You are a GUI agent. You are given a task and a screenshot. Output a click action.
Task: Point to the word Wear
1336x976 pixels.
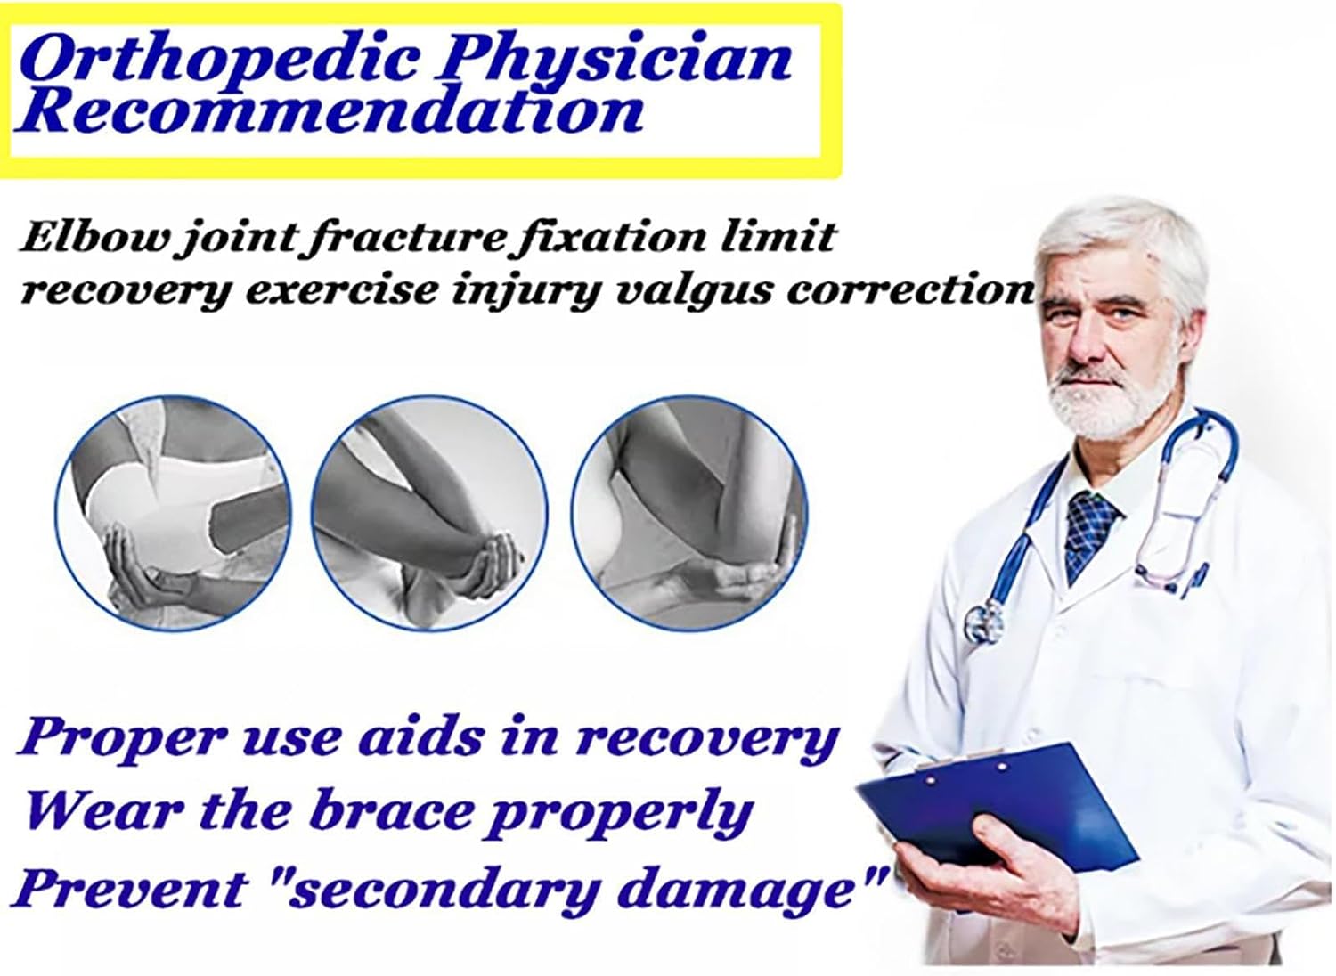(102, 813)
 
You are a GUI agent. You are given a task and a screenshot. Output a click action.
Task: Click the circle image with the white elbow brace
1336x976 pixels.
(174, 513)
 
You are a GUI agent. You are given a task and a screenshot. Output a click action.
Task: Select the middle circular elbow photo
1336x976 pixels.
(428, 513)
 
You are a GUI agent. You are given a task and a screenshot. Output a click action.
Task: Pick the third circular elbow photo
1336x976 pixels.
(689, 513)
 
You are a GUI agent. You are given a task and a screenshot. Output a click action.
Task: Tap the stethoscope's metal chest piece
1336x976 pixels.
(985, 622)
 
